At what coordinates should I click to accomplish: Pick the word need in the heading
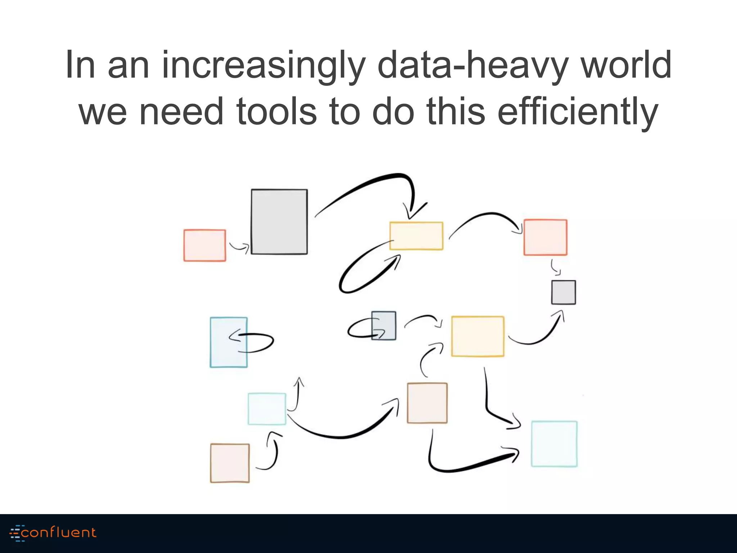click(x=181, y=112)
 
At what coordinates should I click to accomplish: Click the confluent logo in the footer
click(x=53, y=533)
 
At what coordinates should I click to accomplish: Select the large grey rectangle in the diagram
click(x=279, y=222)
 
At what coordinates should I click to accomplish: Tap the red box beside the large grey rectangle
click(x=205, y=245)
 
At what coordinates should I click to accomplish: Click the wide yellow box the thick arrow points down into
click(x=416, y=236)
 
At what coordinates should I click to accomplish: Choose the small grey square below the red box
click(x=564, y=292)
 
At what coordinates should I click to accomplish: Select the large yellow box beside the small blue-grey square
click(x=478, y=336)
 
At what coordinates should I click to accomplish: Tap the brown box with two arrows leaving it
click(x=427, y=403)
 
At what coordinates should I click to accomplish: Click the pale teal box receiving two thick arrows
click(x=554, y=444)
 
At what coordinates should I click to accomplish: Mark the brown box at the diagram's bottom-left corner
click(x=230, y=463)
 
